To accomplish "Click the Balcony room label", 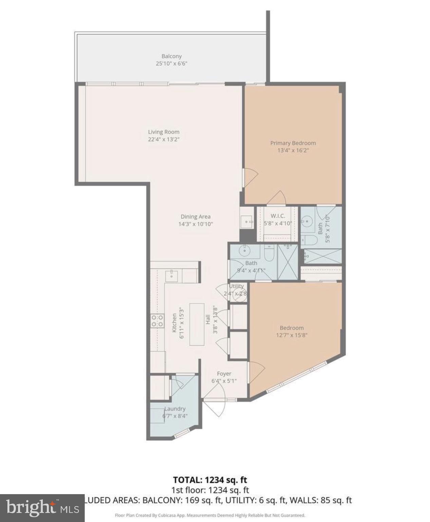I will tap(171, 56).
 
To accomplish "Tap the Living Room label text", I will tap(164, 132).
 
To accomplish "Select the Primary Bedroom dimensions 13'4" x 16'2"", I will tap(293, 151).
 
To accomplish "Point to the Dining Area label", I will tap(195, 216).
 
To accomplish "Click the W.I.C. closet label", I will tap(278, 216).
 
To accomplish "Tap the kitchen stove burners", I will tap(157, 320).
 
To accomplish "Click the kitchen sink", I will tap(171, 276).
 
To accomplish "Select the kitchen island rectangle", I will tap(197, 324).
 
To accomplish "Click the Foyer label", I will tap(224, 373).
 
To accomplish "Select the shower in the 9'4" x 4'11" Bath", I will tap(288, 262).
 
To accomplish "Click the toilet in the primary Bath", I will tap(309, 240).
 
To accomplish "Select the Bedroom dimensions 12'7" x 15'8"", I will tap(292, 335).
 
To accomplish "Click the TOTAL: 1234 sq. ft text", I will tap(210, 480).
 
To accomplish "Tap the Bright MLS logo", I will tap(42, 508).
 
